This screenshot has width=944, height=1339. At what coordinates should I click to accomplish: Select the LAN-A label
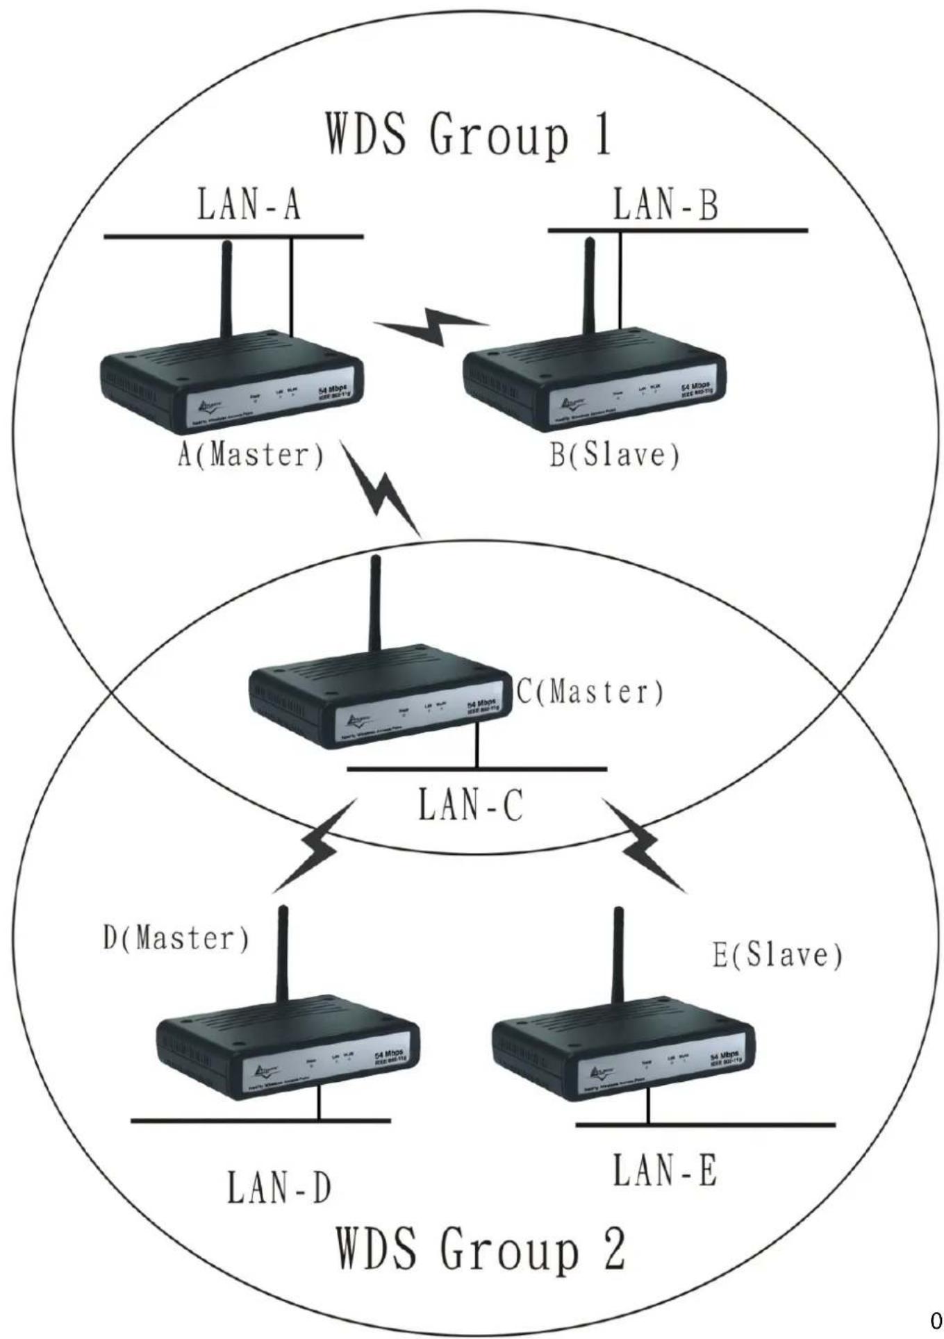(249, 206)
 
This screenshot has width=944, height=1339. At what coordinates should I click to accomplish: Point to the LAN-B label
(665, 205)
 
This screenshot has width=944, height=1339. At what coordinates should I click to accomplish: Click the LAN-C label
(470, 806)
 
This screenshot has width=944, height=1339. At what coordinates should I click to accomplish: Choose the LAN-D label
(279, 1188)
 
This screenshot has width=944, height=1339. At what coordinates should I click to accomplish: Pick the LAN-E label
(664, 1170)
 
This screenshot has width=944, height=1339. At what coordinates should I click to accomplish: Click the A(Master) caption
(251, 455)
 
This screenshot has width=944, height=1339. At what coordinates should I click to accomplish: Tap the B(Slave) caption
(614, 455)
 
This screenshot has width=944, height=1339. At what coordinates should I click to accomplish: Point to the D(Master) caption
(176, 938)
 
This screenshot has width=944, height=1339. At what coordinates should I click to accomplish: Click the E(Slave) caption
(777, 956)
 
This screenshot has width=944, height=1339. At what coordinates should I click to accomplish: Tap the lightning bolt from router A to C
(381, 489)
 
